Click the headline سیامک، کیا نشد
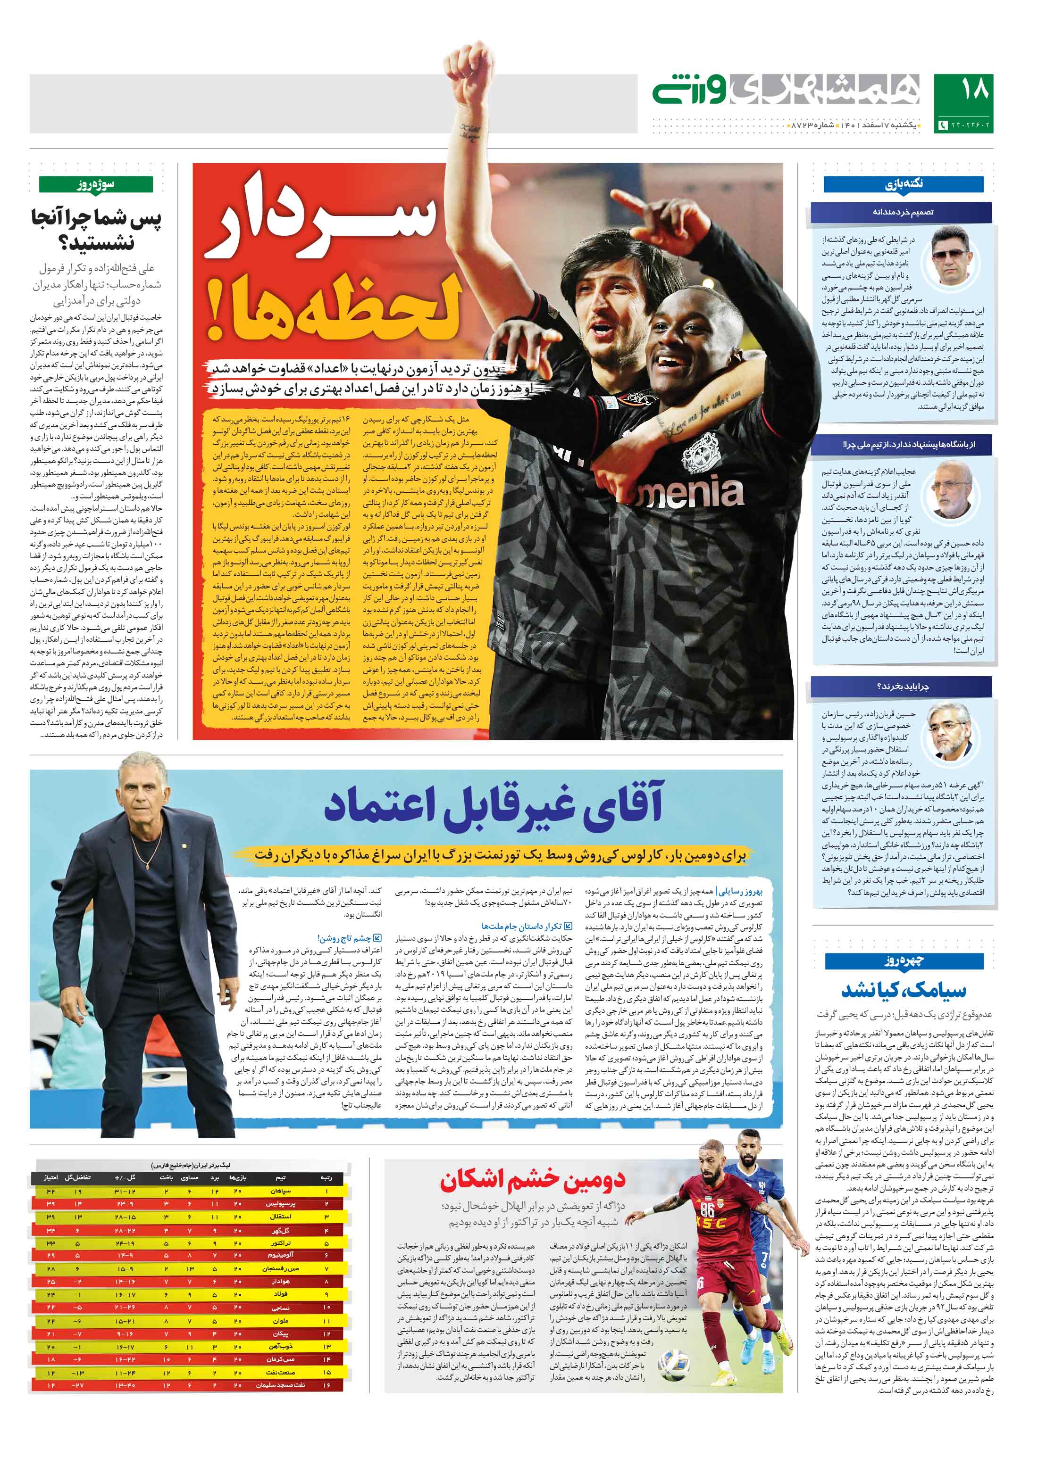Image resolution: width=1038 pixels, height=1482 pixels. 903,990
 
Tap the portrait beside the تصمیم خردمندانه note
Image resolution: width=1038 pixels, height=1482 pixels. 952,255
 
